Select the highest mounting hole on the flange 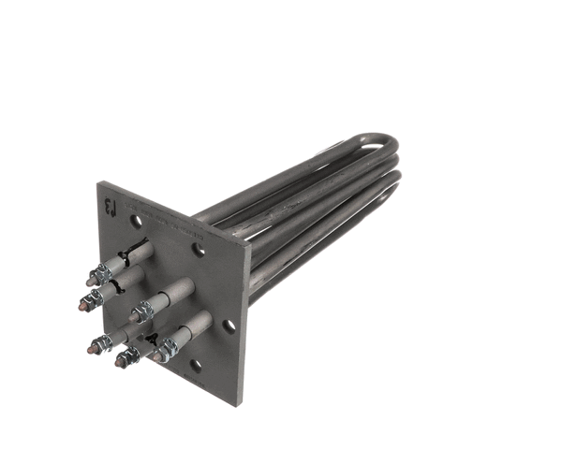coord(137,222)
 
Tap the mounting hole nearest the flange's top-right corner coord(199,249)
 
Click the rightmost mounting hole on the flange coord(228,326)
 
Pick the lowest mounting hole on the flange coord(195,366)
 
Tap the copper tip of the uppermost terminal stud coord(93,277)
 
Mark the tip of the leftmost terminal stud coord(84,304)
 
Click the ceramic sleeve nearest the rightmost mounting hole coord(193,328)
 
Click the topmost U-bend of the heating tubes coord(384,142)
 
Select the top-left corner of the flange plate coord(99,183)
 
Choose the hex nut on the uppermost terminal coord(105,271)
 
